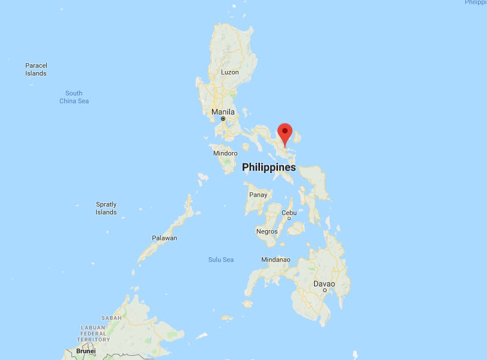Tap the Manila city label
coord(223,112)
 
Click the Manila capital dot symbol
coord(222,119)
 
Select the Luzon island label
coord(229,72)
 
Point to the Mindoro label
coord(225,153)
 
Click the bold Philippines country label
coord(268,168)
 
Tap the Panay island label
coord(258,195)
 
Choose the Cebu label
coord(289,213)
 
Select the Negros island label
coord(267,231)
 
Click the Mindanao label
coord(276,260)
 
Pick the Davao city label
coord(324,283)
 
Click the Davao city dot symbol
coord(324,290)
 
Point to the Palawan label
coord(164,238)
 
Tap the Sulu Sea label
coord(221,260)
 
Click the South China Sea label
coord(74,97)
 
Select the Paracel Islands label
coord(36,69)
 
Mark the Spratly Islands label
coord(106,208)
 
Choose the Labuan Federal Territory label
coord(93,333)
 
